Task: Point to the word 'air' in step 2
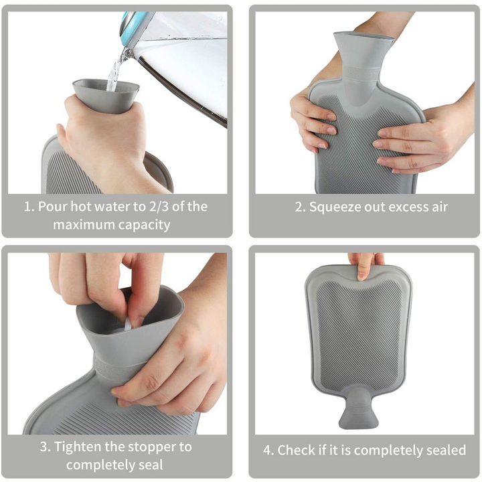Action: coord(440,207)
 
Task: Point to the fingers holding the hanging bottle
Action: coord(366,265)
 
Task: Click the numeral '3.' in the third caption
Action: coord(45,447)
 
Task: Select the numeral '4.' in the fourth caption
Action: coord(268,451)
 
